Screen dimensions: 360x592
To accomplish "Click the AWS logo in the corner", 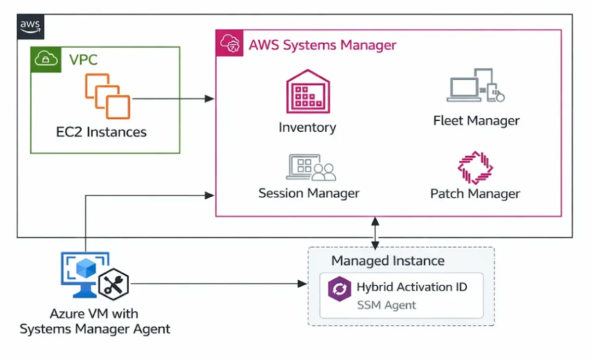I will pyautogui.click(x=31, y=26).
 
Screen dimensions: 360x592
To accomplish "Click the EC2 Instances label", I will pyautogui.click(x=101, y=133).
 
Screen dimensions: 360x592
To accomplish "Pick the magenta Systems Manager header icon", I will pyautogui.click(x=229, y=43).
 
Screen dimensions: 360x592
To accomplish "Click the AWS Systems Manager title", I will pyautogui.click(x=323, y=46).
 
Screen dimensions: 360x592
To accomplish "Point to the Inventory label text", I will pyautogui.click(x=307, y=127).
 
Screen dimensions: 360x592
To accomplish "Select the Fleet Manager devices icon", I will pyautogui.click(x=475, y=86).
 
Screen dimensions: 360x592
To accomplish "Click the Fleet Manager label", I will pyautogui.click(x=476, y=120).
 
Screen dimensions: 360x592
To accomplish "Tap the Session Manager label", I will pyautogui.click(x=309, y=193).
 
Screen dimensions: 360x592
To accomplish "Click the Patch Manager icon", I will pyautogui.click(x=475, y=167).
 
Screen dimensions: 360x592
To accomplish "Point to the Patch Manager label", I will pyautogui.click(x=475, y=194).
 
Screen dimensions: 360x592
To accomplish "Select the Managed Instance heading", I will pyautogui.click(x=388, y=260).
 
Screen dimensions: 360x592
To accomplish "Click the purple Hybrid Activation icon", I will pyautogui.click(x=338, y=289).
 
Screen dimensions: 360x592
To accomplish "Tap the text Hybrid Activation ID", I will pyautogui.click(x=412, y=287).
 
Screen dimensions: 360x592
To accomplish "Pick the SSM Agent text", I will pyautogui.click(x=386, y=305).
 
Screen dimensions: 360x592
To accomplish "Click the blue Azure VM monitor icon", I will pyautogui.click(x=82, y=273).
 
